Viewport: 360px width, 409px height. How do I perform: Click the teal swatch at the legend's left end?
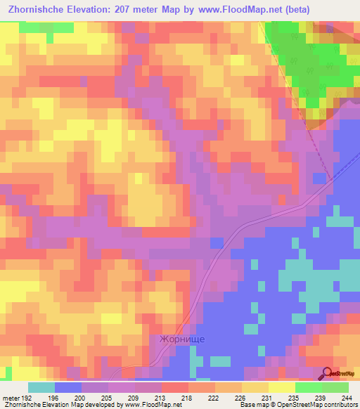tap(41, 387)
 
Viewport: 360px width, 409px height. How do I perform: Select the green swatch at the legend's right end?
tap(335, 387)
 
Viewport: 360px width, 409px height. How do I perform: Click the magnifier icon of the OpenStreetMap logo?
tap(327, 373)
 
